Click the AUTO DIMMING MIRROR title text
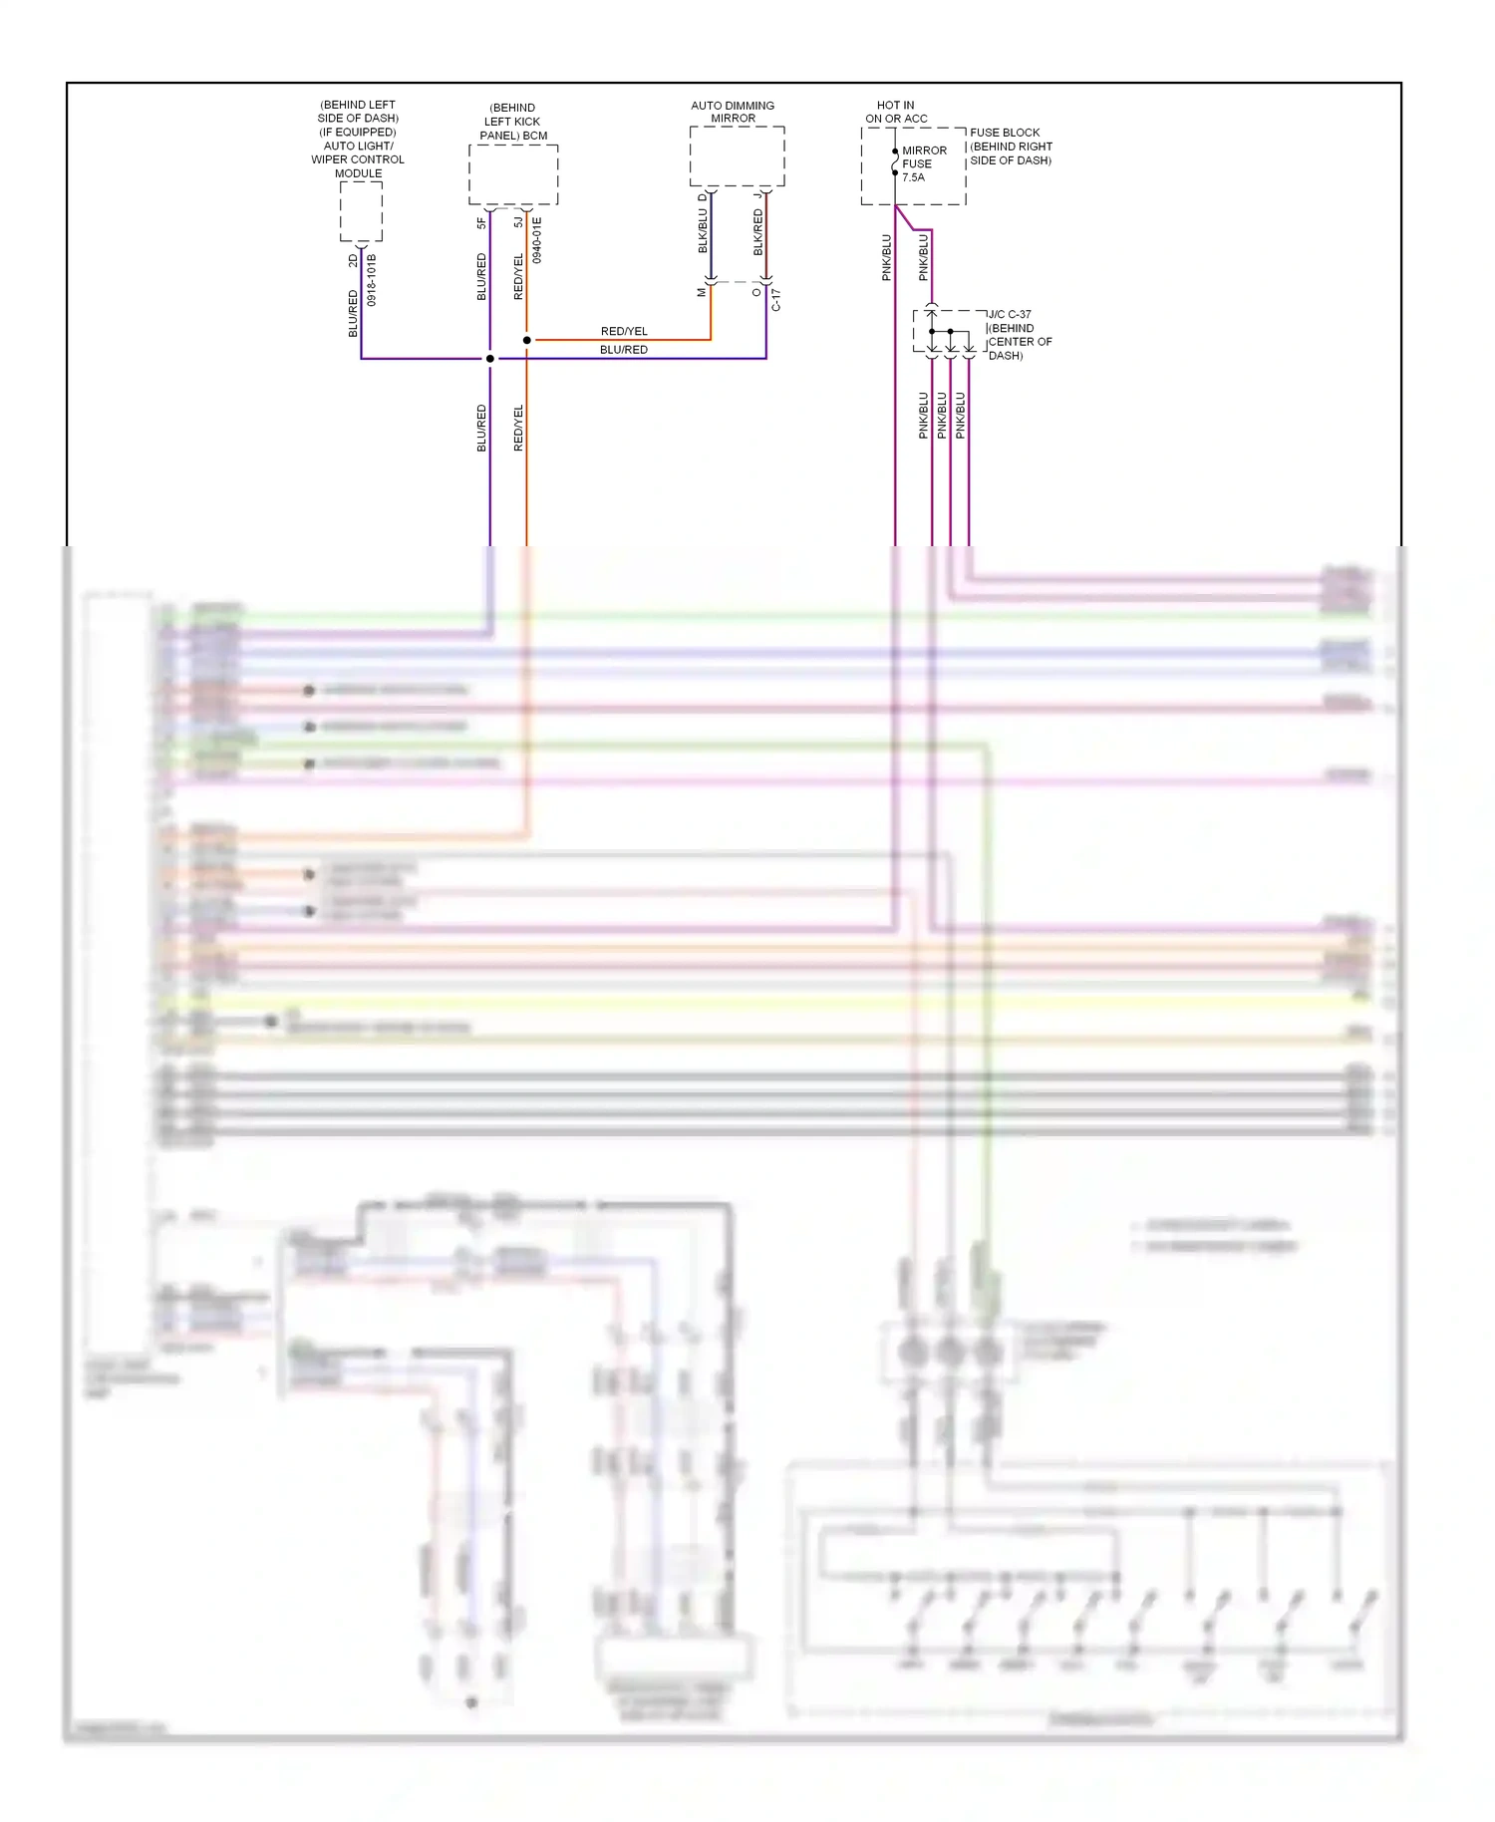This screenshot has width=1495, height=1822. coord(733,112)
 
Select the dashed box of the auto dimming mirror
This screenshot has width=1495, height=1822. coord(737,155)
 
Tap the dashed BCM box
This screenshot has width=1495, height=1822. coord(513,175)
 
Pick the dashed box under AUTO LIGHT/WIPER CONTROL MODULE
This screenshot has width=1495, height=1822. coord(361,211)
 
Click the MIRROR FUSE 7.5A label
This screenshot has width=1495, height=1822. coord(924,164)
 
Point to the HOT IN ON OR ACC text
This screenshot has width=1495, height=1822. coord(896,112)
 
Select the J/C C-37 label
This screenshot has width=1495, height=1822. coord(1010,314)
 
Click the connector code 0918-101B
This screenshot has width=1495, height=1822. coord(372,280)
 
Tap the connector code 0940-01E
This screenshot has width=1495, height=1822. coord(537,240)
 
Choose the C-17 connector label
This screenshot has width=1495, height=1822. coord(775,300)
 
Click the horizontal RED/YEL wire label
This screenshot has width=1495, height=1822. coord(624,331)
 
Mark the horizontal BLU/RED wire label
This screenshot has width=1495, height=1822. coord(624,350)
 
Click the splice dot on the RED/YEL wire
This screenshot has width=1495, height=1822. coord(527,340)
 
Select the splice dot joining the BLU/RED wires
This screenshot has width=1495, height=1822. coord(490,358)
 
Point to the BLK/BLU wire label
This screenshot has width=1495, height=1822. coord(703,231)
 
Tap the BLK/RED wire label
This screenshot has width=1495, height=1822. coord(758,231)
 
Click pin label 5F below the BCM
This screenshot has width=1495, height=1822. coord(481,223)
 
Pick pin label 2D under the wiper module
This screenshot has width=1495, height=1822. coord(353,260)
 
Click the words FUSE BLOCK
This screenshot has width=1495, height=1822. coord(1005,133)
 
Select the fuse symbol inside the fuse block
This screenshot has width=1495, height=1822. coord(895,162)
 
